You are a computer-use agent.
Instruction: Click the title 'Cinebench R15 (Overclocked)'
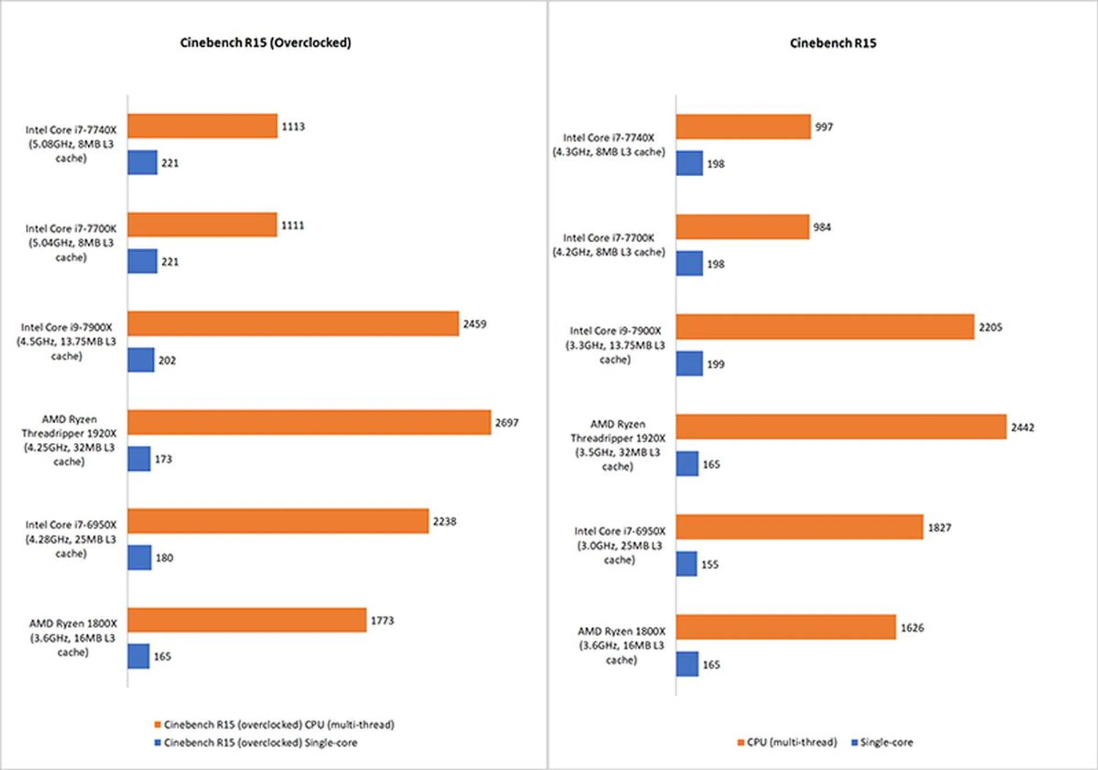pos(265,43)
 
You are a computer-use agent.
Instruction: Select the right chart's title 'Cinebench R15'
pos(833,43)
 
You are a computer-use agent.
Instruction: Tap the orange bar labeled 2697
pos(309,422)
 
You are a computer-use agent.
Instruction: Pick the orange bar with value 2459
pos(293,324)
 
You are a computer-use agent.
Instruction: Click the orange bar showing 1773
pos(246,620)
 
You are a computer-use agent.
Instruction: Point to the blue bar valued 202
pos(141,360)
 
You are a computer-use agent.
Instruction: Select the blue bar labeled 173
pos(139,459)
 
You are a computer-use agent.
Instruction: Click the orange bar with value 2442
pos(841,427)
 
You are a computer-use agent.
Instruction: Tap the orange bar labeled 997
pos(743,126)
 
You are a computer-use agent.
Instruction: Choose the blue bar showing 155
pos(686,564)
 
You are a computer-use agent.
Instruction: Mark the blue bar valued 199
pos(689,364)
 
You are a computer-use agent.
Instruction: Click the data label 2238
pos(444,522)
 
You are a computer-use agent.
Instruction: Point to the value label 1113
pos(293,126)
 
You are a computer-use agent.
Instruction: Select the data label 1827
pos(940,527)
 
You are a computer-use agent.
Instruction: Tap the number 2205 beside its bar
pos(990,327)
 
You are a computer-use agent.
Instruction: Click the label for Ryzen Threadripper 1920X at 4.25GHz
pos(69,440)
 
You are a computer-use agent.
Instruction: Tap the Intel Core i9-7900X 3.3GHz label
pos(615,345)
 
